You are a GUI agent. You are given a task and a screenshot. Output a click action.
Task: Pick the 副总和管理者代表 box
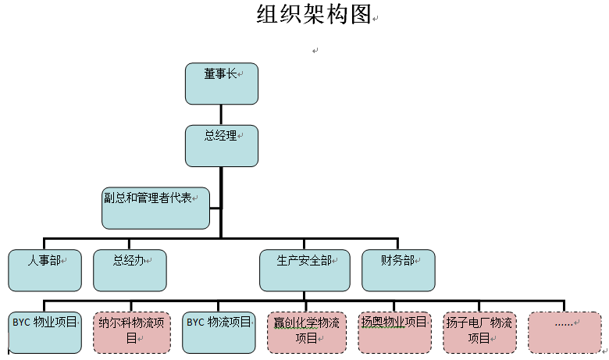coord(155,208)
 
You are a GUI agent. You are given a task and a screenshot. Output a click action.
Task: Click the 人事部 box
coord(44,270)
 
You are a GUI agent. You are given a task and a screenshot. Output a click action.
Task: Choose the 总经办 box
coord(130,270)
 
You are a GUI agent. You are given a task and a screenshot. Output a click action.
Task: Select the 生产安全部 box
coord(304,270)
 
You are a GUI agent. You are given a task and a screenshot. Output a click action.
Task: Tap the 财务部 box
coord(398,270)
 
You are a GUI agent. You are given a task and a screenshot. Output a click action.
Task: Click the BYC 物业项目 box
coord(44,332)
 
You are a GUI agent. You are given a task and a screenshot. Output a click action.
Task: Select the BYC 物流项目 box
coord(219,332)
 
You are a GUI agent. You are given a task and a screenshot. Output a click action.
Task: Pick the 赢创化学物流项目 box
coord(305,332)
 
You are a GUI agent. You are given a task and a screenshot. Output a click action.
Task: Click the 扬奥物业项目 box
coord(394,332)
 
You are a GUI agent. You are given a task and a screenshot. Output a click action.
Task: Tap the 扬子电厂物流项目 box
coord(479,332)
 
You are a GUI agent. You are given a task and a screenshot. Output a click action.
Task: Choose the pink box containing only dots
coord(564,332)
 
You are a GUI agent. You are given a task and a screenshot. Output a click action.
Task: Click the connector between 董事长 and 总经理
coord(221,115)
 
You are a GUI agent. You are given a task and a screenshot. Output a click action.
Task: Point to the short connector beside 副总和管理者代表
coord(215,207)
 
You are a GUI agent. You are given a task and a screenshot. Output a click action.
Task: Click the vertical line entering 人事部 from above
coord(44,243)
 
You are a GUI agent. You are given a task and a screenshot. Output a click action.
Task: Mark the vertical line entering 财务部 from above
coord(398,243)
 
